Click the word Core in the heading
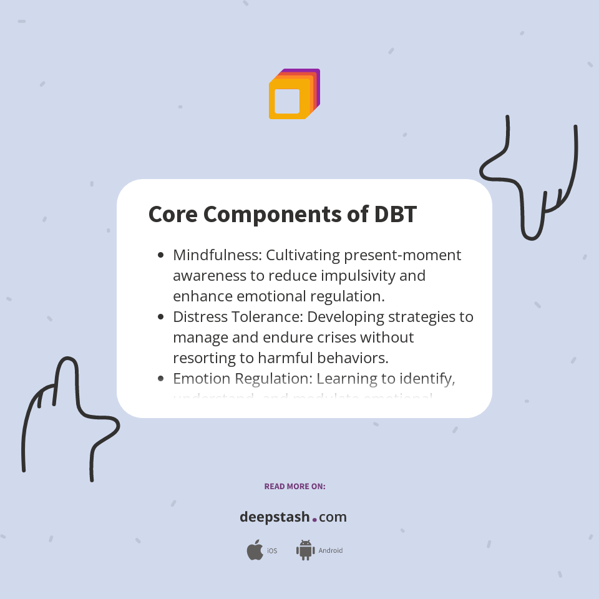point(173,215)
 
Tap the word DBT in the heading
point(395,215)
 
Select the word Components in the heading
point(272,215)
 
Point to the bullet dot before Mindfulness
point(161,255)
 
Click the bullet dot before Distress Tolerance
point(161,317)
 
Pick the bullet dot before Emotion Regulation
point(161,379)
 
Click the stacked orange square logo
point(293,94)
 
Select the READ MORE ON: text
point(295,487)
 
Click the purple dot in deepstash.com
point(314,519)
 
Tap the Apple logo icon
point(255,550)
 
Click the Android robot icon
point(305,550)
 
